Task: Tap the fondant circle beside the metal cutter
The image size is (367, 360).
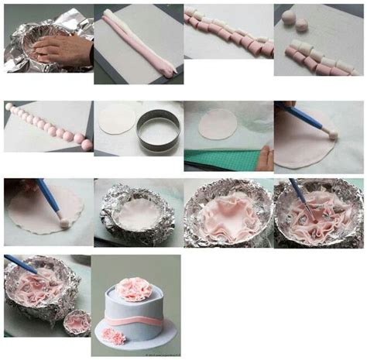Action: coord(116,118)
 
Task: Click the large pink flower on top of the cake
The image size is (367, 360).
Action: coord(135,289)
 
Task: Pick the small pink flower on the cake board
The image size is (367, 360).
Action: coord(115,335)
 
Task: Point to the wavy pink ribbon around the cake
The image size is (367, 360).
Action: coord(135,319)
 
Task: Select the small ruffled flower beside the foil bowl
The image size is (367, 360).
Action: coord(75,321)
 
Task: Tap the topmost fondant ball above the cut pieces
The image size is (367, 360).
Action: coord(288,17)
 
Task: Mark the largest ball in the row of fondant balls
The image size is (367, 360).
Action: coord(86,145)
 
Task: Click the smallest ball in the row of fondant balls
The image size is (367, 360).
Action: coord(9,107)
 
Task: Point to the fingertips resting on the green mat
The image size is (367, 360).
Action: coord(265,159)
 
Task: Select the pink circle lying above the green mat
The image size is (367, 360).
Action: coord(218,124)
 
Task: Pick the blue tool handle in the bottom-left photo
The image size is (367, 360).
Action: coord(19,264)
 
